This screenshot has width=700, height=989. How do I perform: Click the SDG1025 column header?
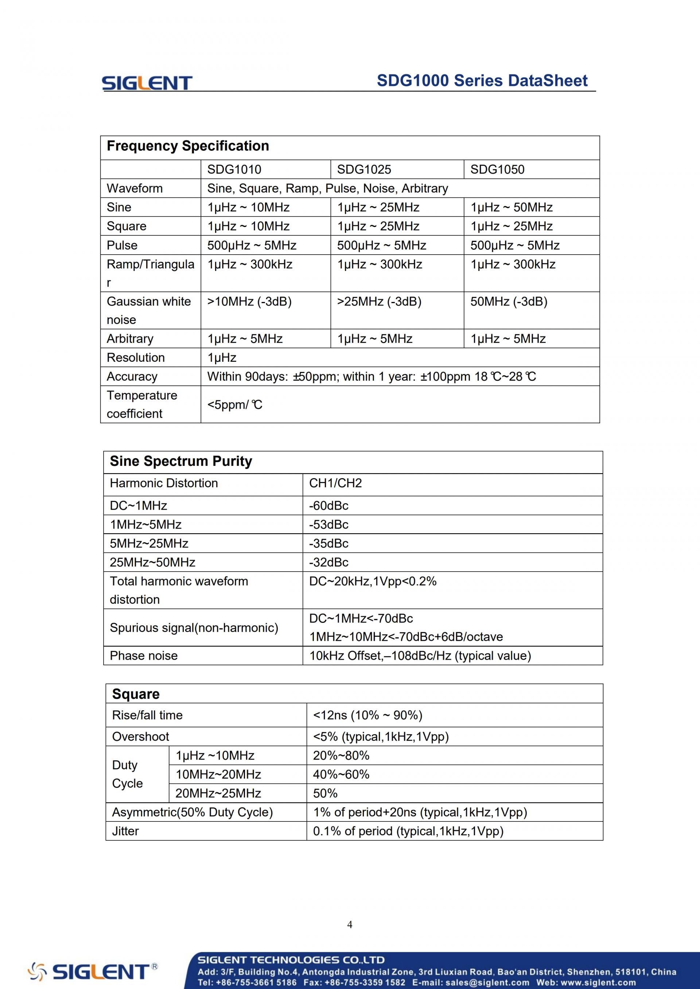pyautogui.click(x=364, y=169)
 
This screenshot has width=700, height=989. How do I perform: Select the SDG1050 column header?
pyautogui.click(x=497, y=169)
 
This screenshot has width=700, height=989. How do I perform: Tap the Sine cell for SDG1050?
pyautogui.click(x=511, y=207)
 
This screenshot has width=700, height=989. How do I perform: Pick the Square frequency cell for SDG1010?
pyautogui.click(x=248, y=226)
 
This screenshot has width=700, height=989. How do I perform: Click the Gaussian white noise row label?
pyautogui.click(x=149, y=310)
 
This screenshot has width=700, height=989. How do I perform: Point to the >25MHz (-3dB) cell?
pyautogui.click(x=379, y=302)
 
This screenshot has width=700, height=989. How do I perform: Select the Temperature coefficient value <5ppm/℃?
pyautogui.click(x=234, y=404)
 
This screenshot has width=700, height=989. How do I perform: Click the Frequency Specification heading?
pyautogui.click(x=187, y=146)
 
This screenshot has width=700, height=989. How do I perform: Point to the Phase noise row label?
pyautogui.click(x=144, y=656)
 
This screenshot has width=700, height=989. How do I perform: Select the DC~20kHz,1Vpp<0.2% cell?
pyautogui.click(x=372, y=581)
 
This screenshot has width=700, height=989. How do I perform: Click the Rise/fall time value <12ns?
pyautogui.click(x=367, y=715)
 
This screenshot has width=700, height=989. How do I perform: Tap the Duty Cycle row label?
pyautogui.click(x=127, y=774)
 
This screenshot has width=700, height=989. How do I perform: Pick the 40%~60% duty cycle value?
pyautogui.click(x=341, y=774)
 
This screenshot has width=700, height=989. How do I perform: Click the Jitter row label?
pyautogui.click(x=125, y=831)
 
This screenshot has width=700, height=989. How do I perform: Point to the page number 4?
pyautogui.click(x=350, y=925)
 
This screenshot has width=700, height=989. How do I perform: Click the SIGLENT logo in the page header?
pyautogui.click(x=147, y=83)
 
